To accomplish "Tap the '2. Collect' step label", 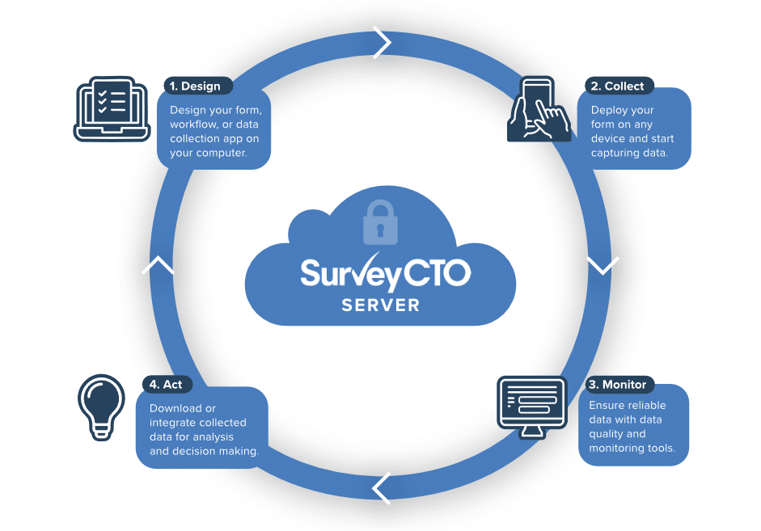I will pos(617,86).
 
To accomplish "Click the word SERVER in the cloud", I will pos(380,306).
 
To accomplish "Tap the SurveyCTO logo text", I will pos(384,274).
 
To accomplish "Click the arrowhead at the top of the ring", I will pos(383,42).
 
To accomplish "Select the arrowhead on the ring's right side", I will pos(602,265).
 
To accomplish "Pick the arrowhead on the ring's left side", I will pos(158,265).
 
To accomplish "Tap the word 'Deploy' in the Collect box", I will pos(611,110).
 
